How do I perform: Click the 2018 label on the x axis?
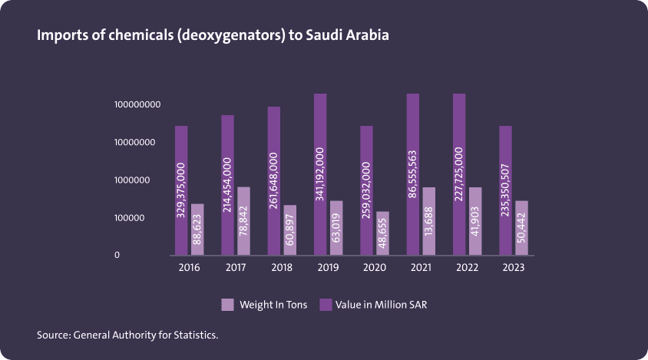pyautogui.click(x=282, y=268)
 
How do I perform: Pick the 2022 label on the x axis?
pyautogui.click(x=468, y=268)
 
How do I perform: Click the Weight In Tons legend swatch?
pyautogui.click(x=227, y=305)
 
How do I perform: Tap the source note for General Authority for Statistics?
pyautogui.click(x=133, y=335)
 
